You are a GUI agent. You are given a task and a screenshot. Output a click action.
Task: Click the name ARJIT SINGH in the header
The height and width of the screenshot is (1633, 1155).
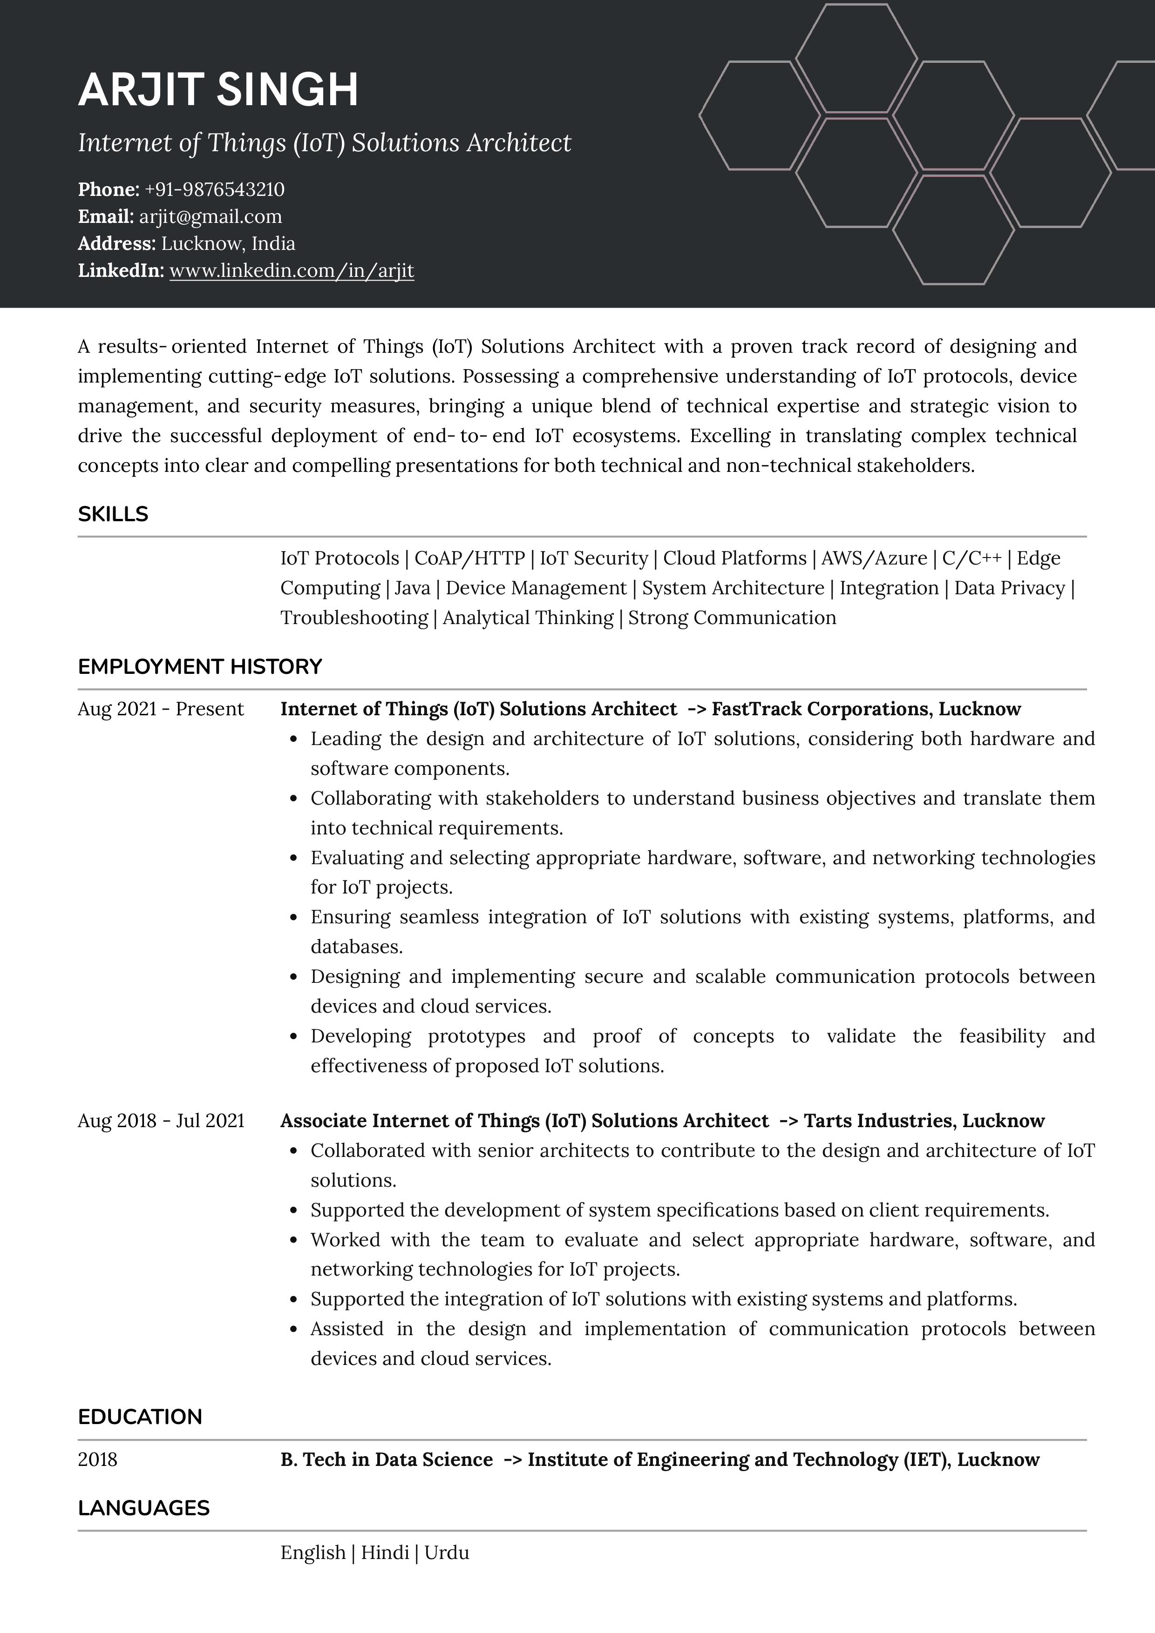[x=218, y=90]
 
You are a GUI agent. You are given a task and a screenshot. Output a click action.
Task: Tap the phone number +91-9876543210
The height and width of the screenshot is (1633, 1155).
[x=214, y=189]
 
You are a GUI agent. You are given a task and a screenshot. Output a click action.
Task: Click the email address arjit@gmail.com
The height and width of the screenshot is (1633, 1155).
[x=211, y=216]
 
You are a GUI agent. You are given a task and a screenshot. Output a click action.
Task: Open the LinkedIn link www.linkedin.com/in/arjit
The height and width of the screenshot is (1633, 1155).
[x=291, y=270]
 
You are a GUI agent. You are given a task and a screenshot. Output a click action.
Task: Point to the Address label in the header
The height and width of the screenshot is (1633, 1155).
[x=116, y=243]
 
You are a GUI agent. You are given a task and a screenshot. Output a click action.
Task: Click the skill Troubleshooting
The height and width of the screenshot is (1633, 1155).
[x=353, y=618]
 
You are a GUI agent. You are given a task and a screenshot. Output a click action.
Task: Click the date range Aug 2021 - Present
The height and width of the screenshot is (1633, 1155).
[x=160, y=709]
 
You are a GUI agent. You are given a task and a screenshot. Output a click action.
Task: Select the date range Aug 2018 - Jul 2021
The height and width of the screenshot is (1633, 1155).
[x=160, y=1121]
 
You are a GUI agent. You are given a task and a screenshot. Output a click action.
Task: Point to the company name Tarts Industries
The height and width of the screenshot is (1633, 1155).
[x=879, y=1121]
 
